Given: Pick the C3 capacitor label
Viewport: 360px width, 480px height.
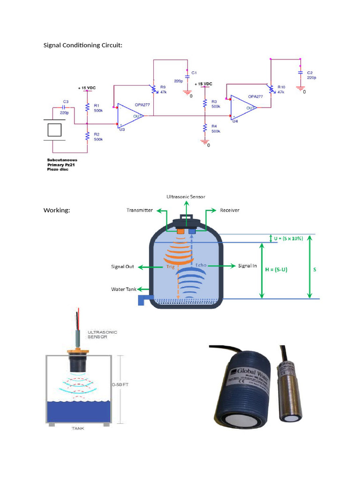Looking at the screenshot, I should pos(65,101).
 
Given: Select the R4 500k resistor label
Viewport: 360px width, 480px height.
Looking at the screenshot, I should pos(216,129).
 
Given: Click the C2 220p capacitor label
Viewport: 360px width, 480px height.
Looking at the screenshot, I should pos(311,75).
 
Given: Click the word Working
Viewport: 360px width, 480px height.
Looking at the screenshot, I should pos(57,210).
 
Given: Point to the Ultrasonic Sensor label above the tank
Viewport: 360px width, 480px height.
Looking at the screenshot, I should pos(186,196).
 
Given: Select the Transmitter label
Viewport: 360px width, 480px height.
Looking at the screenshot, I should pos(139,210).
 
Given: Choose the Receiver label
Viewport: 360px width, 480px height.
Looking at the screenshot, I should pos(230,210).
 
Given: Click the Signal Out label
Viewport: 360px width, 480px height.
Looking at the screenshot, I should pos(122,267).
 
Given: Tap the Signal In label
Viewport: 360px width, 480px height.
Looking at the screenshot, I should pos(248,266).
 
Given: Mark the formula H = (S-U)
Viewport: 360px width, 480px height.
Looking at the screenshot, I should pos(283,270).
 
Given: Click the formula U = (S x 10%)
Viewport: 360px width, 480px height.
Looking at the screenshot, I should pos(288,238).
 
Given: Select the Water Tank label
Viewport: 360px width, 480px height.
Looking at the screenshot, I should pos(124,289).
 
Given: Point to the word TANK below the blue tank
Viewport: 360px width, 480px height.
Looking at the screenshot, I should pos(78,428).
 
